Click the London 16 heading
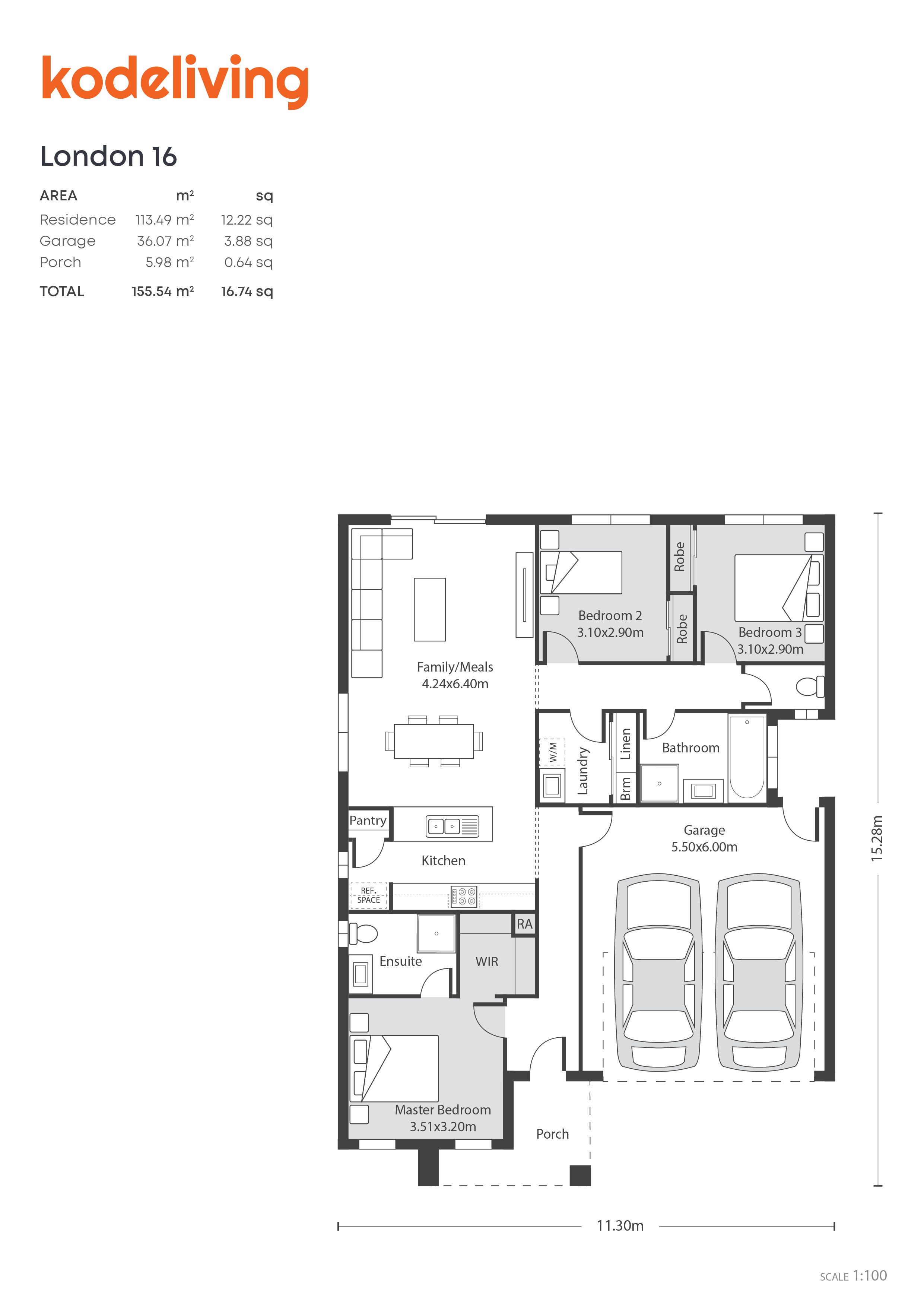tap(108, 156)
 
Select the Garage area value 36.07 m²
tap(165, 241)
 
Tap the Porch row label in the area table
tap(60, 263)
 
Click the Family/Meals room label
tap(454, 667)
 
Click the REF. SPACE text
tap(368, 895)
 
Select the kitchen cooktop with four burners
tap(463, 896)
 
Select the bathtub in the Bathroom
tap(747, 757)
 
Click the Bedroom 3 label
tap(770, 632)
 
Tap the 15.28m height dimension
tap(877, 838)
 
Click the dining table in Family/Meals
tap(433, 741)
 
